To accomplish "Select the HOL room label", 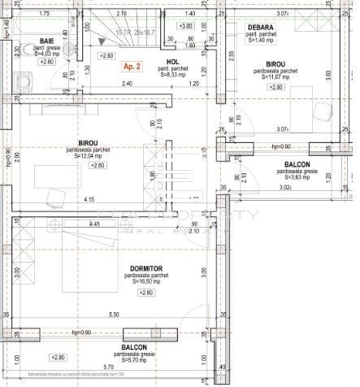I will (171, 62).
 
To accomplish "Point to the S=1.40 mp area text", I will (259, 40).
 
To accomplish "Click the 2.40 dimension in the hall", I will (127, 84).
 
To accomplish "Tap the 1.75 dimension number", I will (44, 15).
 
